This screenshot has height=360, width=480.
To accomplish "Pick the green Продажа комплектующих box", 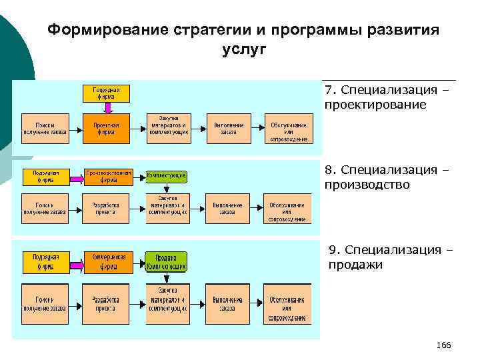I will click(x=167, y=261).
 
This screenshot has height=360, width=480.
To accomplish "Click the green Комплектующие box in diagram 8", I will click(x=167, y=175).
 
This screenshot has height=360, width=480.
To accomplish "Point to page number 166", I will click(x=443, y=345).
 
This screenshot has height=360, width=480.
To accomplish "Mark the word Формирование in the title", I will click(x=93, y=30).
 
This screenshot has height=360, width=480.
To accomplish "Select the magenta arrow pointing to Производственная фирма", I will click(x=73, y=175).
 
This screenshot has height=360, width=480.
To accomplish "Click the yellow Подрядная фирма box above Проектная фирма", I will click(x=105, y=92).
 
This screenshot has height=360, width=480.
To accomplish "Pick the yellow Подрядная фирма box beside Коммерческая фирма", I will click(x=45, y=261).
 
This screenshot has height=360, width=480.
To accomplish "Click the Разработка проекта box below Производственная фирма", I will click(x=105, y=208).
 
